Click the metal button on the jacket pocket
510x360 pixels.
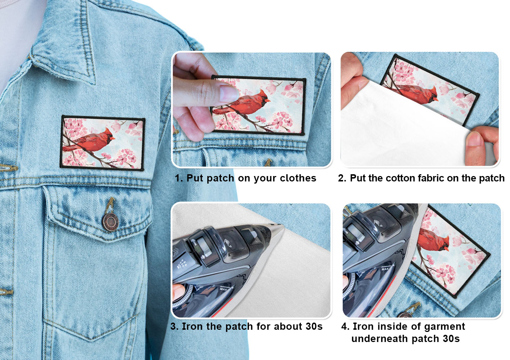tap(110, 222)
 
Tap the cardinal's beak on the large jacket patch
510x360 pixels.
tap(113, 138)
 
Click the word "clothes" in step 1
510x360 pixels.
tap(298, 178)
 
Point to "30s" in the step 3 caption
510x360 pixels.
tap(314, 326)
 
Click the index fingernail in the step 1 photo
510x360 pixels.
tap(229, 93)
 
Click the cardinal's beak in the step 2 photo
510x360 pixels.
tap(435, 99)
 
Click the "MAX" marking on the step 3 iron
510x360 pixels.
tap(224, 289)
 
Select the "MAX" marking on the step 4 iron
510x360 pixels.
tap(385, 269)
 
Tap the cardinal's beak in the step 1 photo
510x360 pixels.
tap(268, 100)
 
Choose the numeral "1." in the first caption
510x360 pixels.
tap(179, 178)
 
